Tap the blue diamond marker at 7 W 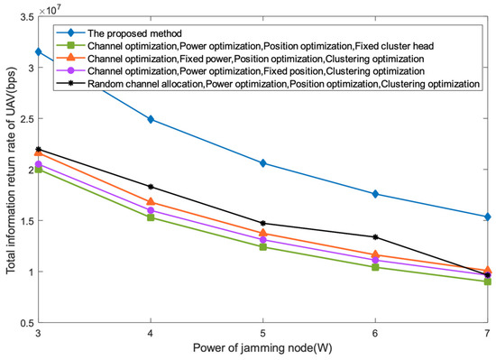(487, 217)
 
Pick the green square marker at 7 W (487, 282)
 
